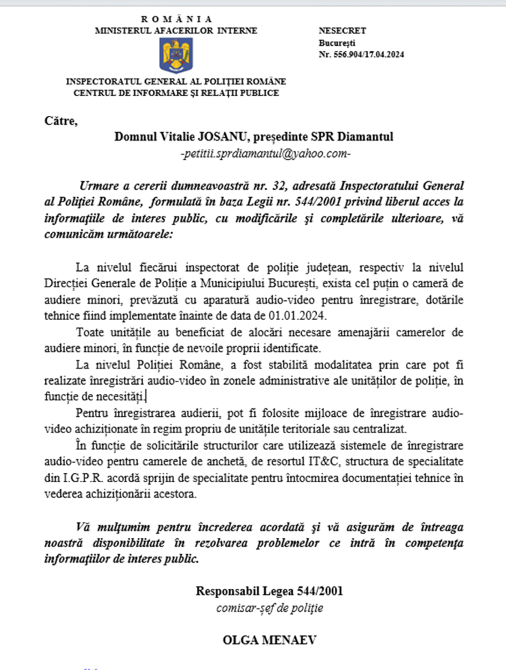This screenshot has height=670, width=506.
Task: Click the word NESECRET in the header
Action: pos(342,31)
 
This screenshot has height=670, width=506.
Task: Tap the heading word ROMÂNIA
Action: pos(176,20)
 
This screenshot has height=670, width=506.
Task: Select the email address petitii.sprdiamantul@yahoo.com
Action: pos(265,154)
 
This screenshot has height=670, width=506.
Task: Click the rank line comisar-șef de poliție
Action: pos(269,608)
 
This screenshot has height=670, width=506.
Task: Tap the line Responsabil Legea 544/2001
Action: pos(269,591)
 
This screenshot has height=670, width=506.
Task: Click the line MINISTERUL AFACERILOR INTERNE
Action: pos(176,31)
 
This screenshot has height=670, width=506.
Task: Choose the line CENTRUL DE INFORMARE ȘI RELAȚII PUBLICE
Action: pos(176,93)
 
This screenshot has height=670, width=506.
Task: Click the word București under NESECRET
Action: pos(334,43)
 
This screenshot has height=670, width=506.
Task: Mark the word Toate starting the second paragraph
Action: pos(90,332)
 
